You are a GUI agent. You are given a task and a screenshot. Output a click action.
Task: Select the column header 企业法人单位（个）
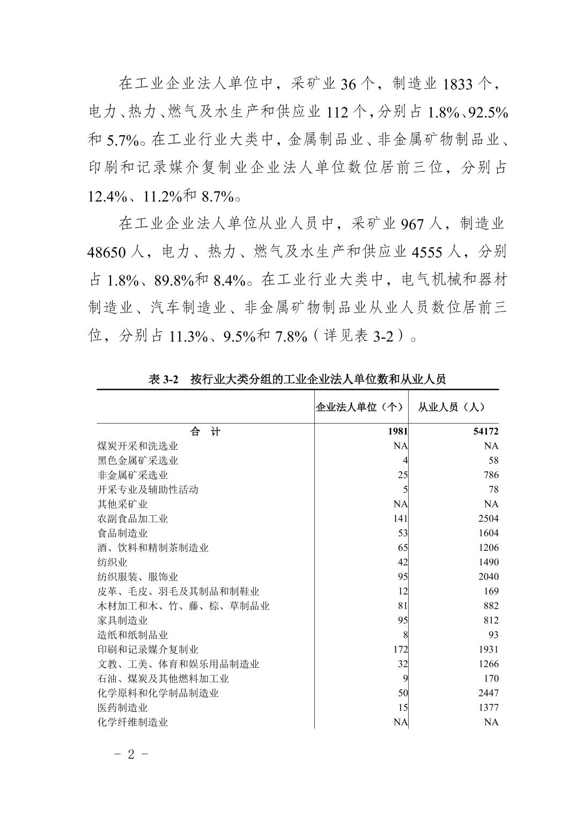[359, 407]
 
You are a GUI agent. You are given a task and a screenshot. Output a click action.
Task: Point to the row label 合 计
[205, 431]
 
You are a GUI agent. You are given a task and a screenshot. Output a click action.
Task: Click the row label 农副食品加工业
[132, 519]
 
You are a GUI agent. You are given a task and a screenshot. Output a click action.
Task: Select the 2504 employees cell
[488, 519]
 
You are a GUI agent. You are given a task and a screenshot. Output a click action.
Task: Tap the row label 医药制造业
[122, 708]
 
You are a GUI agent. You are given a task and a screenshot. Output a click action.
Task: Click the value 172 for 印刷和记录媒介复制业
[400, 649]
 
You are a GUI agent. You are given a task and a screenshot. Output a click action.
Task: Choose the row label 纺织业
[112, 562]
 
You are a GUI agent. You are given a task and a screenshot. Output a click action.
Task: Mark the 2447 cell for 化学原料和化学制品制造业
[488, 693]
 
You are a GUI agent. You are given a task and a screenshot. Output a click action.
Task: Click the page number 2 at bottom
[131, 754]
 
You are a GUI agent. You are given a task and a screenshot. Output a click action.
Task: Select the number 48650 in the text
[105, 252]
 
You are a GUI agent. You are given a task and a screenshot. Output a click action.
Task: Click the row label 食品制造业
[122, 533]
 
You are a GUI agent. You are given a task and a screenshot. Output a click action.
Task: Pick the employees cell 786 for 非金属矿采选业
[490, 475]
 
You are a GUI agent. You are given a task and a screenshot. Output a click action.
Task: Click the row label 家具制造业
[122, 620]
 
